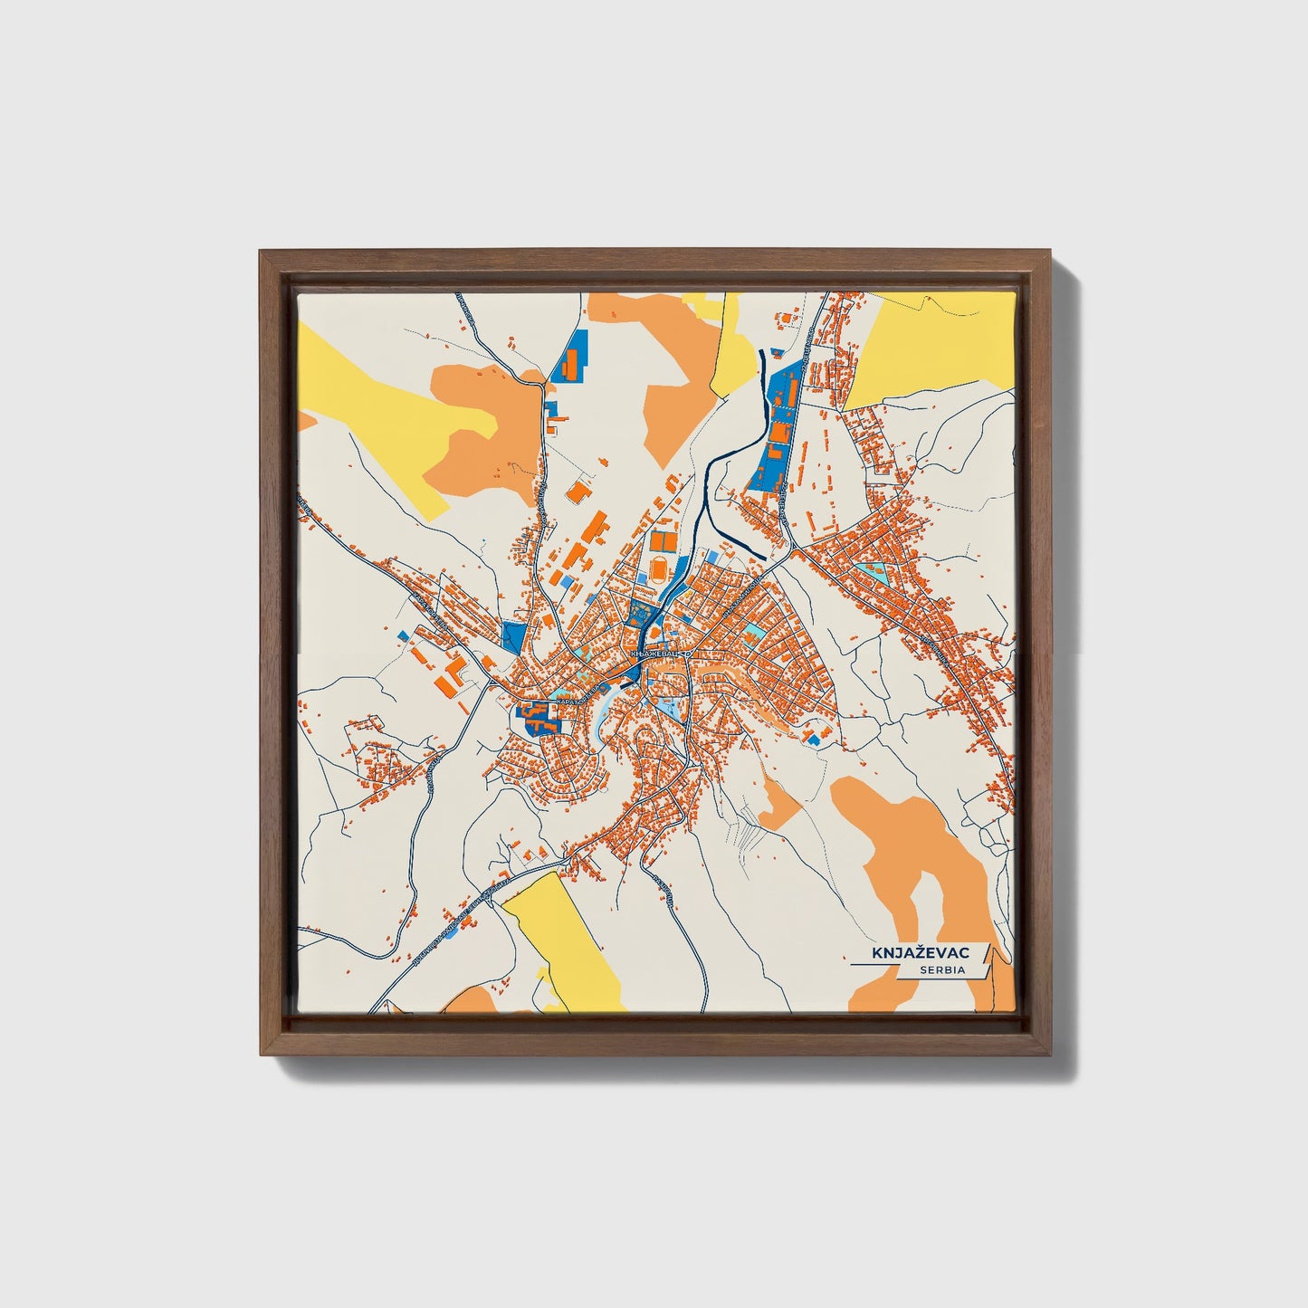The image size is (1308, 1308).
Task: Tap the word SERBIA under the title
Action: [x=942, y=970]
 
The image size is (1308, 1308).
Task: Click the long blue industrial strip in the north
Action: [x=777, y=425]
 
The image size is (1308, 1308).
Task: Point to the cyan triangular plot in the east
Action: [x=876, y=571]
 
